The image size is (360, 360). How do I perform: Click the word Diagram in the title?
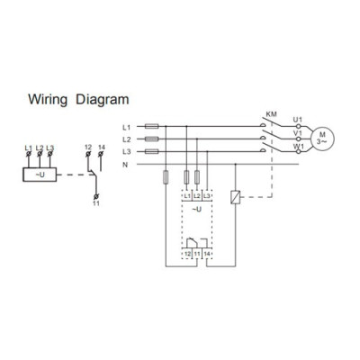pos(103,100)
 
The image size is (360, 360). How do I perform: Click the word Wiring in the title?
pos(48,100)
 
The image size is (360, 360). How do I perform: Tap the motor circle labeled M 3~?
pos(322,139)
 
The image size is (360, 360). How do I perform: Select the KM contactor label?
pos(272,114)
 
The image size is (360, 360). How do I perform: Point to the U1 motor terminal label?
pos(298,120)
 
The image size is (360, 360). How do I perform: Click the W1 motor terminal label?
pos(298,146)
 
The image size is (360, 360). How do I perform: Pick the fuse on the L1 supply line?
pos(152,127)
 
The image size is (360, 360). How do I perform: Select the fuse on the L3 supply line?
pos(152,152)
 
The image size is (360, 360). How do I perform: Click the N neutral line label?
pos(125,165)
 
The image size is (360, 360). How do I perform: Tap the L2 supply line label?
pos(127,139)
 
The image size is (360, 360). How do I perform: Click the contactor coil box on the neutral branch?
pos(235,197)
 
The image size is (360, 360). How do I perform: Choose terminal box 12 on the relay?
pos(187,254)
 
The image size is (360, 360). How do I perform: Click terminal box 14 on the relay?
pos(207,254)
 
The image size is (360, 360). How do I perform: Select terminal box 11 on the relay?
pos(197,254)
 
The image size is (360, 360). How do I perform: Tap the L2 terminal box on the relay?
pos(197,196)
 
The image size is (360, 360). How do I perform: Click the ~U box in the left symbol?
pos(40,175)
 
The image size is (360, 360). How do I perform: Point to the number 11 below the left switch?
pos(96,203)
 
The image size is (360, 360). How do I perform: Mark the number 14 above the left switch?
pos(102,148)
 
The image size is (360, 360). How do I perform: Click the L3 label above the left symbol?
pos(50,148)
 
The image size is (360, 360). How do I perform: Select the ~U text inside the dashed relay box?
pos(197,210)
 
